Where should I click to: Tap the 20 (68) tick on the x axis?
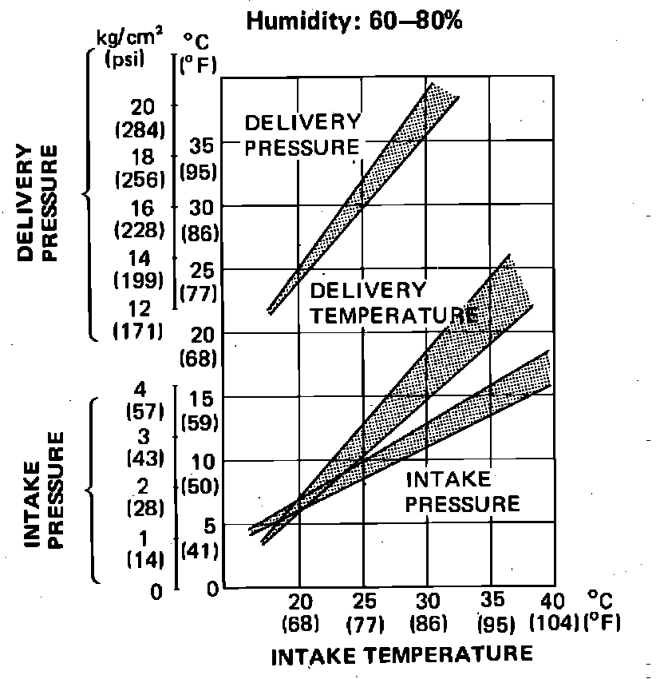[300, 611]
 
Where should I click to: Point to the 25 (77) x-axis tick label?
[363, 611]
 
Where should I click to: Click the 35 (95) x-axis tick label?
[492, 611]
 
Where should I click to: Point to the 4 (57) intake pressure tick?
[144, 401]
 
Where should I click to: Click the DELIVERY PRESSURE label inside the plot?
[302, 135]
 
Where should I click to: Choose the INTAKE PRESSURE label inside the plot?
[463, 491]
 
